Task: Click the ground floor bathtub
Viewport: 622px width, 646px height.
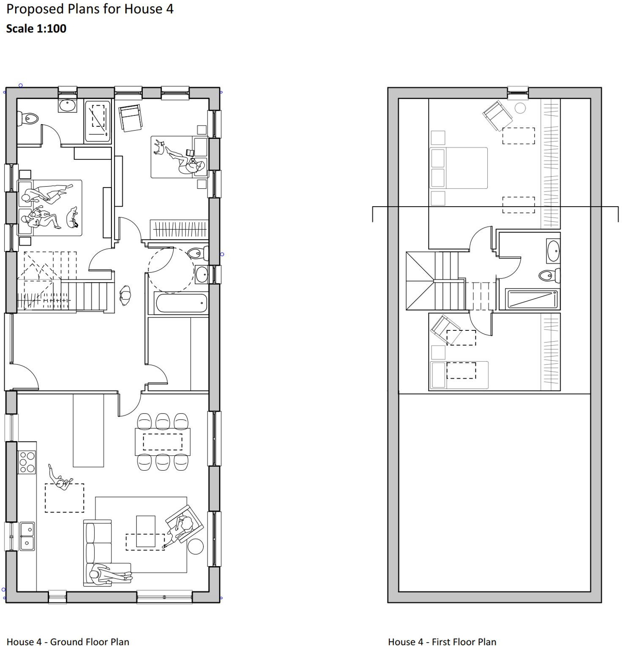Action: [181, 303]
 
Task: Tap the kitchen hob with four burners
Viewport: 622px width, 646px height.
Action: [27, 463]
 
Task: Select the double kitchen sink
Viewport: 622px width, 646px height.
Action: [27, 536]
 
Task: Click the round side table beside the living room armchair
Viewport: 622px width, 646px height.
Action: [196, 546]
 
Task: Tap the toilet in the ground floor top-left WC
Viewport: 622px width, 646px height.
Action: [28, 118]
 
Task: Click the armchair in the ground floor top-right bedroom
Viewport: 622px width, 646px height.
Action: [131, 117]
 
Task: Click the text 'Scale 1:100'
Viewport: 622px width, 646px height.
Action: [36, 29]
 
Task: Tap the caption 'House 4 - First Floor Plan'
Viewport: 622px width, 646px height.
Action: [442, 642]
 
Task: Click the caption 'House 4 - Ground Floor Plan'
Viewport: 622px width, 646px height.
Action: [68, 642]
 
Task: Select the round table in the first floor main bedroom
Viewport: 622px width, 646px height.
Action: [520, 108]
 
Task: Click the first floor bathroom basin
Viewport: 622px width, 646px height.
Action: [553, 251]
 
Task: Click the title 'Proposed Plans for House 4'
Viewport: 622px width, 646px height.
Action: [90, 9]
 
